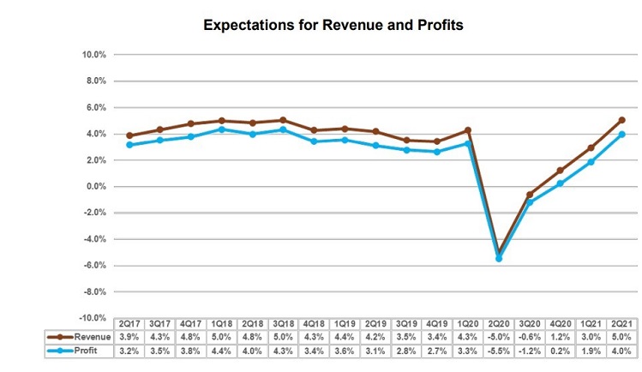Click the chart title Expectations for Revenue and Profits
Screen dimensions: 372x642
[x=333, y=26]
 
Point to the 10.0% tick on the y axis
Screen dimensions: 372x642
[x=93, y=55]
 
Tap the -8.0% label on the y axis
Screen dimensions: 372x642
[x=94, y=292]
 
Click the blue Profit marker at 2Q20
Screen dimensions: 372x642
[x=500, y=257]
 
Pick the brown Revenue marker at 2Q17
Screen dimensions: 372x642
[x=129, y=135]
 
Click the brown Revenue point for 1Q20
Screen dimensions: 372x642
[x=468, y=130]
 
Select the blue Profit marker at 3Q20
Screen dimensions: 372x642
[x=530, y=201]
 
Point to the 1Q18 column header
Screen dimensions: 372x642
[x=222, y=324]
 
